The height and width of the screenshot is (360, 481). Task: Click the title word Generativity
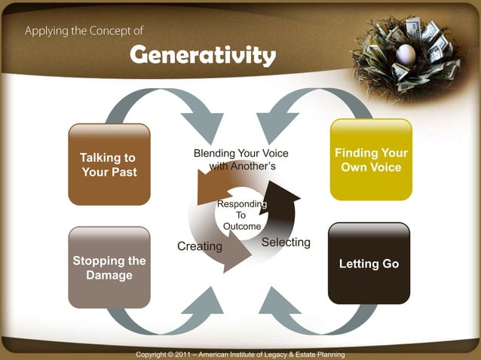pos(202,55)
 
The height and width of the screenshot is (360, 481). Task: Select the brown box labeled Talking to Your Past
pos(109,165)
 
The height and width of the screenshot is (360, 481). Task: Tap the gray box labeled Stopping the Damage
pos(109,267)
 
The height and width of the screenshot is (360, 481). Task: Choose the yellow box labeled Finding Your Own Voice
pos(370,160)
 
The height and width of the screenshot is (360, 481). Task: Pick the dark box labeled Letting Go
pos(369,264)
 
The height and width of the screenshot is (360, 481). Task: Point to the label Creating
pos(199,246)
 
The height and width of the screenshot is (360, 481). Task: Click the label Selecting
pos(286,242)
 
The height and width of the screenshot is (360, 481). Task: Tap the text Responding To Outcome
pos(241,215)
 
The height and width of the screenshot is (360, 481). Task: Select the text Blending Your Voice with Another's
pos(240,160)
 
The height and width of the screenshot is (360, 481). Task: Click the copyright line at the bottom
pos(240,354)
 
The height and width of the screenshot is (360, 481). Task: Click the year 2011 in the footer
pos(182,354)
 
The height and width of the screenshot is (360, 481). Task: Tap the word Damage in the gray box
pos(109,276)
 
